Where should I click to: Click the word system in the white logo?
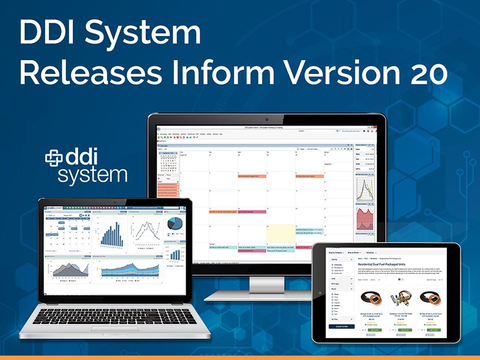(x=93, y=174)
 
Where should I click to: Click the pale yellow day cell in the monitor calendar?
(x=280, y=234)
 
